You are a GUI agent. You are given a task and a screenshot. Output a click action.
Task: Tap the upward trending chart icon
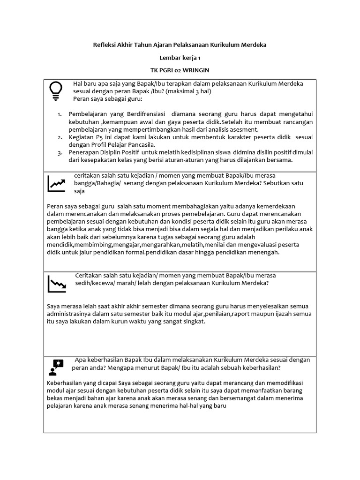pos(56,183)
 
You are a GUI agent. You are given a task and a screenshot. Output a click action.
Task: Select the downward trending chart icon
pos(56,284)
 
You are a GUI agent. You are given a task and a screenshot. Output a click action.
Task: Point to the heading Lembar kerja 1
pos(180,57)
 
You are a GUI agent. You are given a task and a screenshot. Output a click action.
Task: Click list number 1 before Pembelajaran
pos(60,114)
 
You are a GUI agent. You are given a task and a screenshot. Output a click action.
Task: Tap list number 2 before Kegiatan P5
pos(60,137)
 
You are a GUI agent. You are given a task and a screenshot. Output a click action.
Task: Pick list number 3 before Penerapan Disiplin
pos(60,152)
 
